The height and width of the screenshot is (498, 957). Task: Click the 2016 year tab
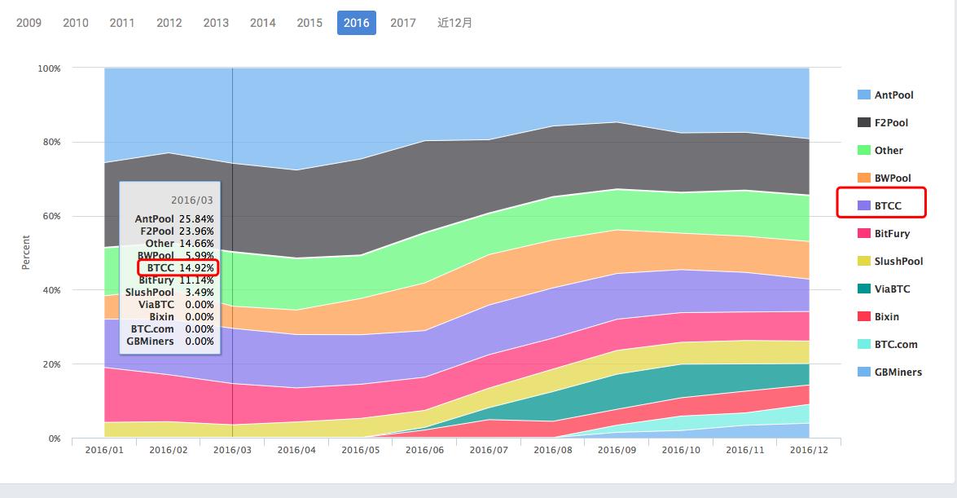(x=356, y=23)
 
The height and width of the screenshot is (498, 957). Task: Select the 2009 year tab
(x=29, y=23)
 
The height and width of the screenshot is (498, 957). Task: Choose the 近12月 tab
(x=454, y=23)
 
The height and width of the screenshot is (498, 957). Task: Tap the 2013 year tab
(x=216, y=23)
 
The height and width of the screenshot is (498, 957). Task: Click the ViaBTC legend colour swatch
(x=864, y=289)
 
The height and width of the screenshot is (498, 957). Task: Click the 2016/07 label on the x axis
(x=489, y=449)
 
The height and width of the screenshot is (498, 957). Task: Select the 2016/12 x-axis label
(x=809, y=449)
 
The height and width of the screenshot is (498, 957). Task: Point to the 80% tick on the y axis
(x=50, y=143)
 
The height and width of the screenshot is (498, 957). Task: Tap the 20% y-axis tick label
(x=50, y=364)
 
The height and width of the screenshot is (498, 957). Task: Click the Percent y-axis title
(x=25, y=253)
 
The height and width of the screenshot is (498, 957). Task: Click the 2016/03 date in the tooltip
(x=192, y=200)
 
